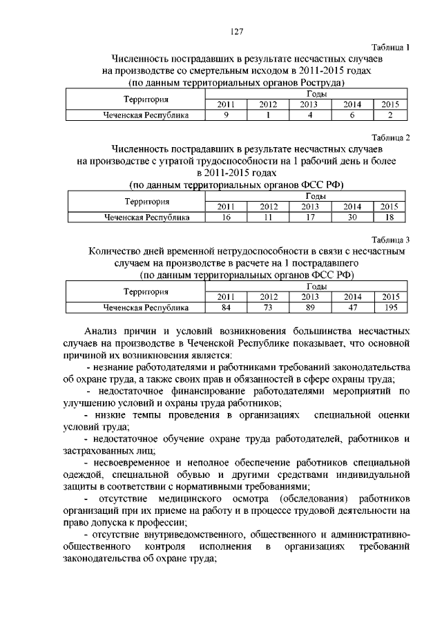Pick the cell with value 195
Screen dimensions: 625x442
(390, 307)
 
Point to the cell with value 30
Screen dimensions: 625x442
(352, 217)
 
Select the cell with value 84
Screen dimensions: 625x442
(226, 307)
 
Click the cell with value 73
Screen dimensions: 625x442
(268, 307)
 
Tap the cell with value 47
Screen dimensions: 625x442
(352, 307)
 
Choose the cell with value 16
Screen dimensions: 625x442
(226, 217)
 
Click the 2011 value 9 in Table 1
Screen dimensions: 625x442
(226, 115)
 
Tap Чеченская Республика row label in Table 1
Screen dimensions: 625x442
(146, 115)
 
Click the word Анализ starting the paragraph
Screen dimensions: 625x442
(101, 330)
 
